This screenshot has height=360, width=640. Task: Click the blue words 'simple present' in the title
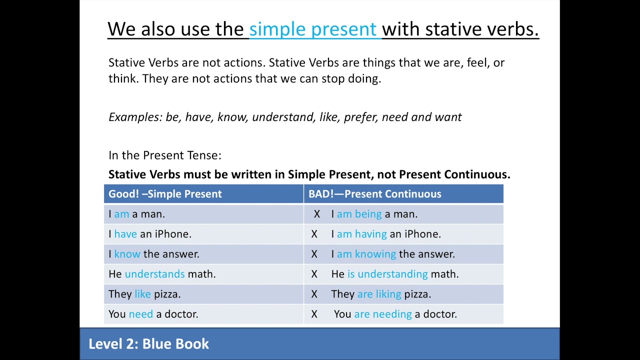(312, 29)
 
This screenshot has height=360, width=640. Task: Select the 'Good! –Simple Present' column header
(165, 194)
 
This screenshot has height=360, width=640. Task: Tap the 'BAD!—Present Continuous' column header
(374, 194)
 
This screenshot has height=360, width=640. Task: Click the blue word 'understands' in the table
(154, 274)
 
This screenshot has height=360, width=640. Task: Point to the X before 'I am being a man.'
(316, 214)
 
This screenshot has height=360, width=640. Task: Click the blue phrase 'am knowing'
(366, 254)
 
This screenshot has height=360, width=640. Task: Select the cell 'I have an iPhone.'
(150, 234)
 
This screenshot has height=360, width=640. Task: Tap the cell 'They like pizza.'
(144, 294)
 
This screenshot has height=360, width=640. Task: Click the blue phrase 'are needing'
(382, 314)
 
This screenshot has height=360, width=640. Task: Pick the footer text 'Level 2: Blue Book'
(148, 344)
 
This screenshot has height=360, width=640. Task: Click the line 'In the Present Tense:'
(165, 155)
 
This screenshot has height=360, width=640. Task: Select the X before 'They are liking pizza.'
(314, 294)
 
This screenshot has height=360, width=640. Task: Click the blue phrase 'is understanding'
(387, 274)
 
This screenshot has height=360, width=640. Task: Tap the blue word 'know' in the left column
(127, 254)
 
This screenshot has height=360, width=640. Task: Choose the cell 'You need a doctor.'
(153, 314)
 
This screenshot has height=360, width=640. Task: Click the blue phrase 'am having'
(361, 234)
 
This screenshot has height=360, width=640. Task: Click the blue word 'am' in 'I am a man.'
(121, 214)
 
